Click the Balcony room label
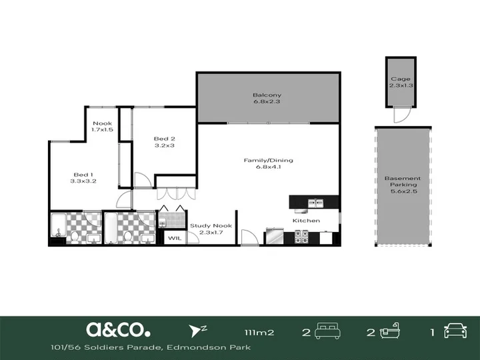[x=267, y=95]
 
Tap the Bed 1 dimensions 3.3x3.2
[x=83, y=181]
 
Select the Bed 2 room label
[x=165, y=139]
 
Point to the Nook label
[x=102, y=123]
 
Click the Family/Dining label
[x=268, y=160]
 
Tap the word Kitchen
[x=306, y=221]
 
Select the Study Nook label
[x=211, y=225]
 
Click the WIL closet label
[x=175, y=238]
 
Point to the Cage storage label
[x=401, y=79]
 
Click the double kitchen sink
[x=315, y=203]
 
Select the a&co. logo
[x=118, y=330]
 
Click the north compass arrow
[x=194, y=331]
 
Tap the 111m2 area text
[x=259, y=333]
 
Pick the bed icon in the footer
[x=327, y=331]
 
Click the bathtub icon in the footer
[x=390, y=331]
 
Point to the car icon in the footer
[x=455, y=331]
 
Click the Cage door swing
[x=401, y=115]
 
